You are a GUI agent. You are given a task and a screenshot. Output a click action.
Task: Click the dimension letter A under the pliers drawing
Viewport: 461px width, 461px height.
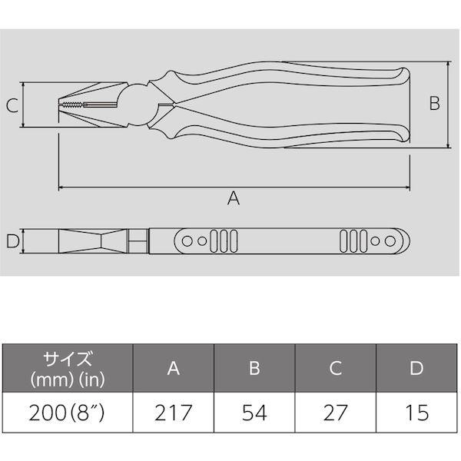click(234, 198)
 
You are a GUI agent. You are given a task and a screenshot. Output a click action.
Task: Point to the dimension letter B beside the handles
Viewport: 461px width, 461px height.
click(434, 104)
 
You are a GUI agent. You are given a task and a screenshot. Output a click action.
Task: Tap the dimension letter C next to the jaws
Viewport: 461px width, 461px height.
click(12, 106)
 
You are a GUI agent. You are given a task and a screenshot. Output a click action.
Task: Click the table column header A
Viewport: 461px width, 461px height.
click(174, 368)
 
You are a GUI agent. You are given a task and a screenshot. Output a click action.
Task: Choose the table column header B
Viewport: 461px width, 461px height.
click(254, 368)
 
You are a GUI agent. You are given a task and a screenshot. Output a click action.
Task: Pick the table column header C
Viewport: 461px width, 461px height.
click(335, 368)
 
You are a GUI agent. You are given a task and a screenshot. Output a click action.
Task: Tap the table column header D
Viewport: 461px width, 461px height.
click(416, 368)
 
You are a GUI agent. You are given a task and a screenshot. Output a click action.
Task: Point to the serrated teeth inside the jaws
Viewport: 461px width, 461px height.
click(74, 105)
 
